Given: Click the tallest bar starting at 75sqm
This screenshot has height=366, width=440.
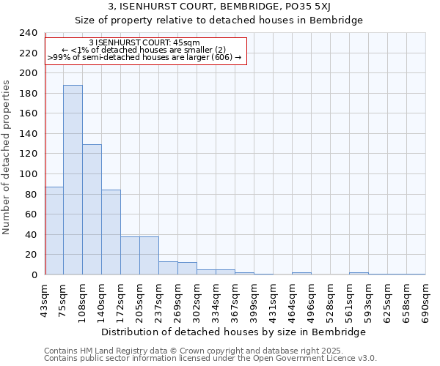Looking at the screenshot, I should [x=73, y=179].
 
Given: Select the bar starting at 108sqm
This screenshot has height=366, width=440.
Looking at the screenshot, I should [x=92, y=209].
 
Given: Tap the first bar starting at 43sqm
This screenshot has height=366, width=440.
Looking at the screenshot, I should [x=54, y=231].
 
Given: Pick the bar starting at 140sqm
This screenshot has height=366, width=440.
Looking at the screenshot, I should [x=111, y=232].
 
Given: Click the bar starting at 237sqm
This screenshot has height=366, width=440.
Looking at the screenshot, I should [x=168, y=268].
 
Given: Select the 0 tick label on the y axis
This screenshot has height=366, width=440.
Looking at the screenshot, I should [x=34, y=275].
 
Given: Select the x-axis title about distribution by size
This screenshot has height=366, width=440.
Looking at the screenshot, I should [x=233, y=332].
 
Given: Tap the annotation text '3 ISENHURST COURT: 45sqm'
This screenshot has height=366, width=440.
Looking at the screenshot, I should [x=144, y=42].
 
